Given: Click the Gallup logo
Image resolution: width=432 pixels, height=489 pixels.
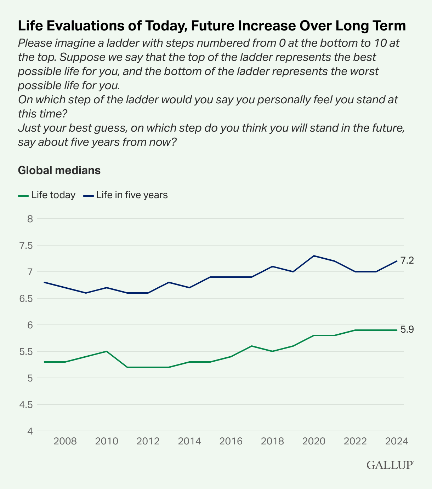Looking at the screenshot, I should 390,465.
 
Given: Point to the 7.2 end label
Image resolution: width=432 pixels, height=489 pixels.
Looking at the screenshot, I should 407,261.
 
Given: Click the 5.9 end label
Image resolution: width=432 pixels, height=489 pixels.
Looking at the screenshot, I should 407,330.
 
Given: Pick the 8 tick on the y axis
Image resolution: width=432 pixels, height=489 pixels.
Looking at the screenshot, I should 30,219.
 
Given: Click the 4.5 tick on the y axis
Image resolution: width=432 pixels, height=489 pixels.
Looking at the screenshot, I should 25,404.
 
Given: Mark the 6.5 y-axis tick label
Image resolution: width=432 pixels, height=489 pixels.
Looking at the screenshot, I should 25,298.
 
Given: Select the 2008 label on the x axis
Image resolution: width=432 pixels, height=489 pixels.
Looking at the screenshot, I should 65,441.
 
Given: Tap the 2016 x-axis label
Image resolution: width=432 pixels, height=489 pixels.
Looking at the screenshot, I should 231,441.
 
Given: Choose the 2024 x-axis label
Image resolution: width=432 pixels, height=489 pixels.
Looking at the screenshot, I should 397,441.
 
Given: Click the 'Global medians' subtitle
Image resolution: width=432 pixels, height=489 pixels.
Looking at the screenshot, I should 59,170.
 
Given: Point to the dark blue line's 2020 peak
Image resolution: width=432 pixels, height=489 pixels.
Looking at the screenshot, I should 314,256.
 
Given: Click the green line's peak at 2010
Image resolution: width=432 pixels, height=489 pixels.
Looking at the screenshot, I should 107,351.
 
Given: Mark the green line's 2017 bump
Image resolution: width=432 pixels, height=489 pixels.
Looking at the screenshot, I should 251,346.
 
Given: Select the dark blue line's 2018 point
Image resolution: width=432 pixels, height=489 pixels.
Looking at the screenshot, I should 272,266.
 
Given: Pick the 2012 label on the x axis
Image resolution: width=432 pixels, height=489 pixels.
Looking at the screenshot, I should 148,441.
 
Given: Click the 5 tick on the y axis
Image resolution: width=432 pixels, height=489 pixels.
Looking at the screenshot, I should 30,378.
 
